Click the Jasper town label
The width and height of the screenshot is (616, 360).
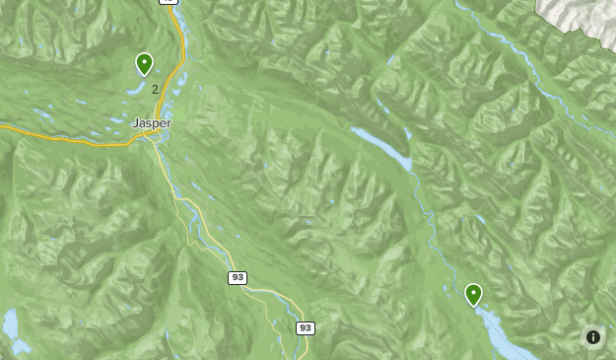(x=152, y=123)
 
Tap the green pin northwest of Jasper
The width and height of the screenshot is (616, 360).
(x=144, y=65)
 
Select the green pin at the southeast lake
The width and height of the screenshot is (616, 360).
(x=473, y=295)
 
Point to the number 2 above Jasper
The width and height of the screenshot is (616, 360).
(x=155, y=90)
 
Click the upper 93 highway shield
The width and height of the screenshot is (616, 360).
(x=237, y=278)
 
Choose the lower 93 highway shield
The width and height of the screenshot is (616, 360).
(x=305, y=327)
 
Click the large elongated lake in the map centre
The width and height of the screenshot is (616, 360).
(x=382, y=146)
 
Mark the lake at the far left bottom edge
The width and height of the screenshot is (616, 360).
(x=11, y=323)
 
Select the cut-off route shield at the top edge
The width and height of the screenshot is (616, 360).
(x=169, y=2)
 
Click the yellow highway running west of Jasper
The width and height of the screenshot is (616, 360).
(x=59, y=137)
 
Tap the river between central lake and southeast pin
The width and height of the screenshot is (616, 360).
(x=431, y=227)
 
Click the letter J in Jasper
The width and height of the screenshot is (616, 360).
(x=135, y=123)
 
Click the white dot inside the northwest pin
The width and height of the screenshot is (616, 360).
(x=144, y=62)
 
